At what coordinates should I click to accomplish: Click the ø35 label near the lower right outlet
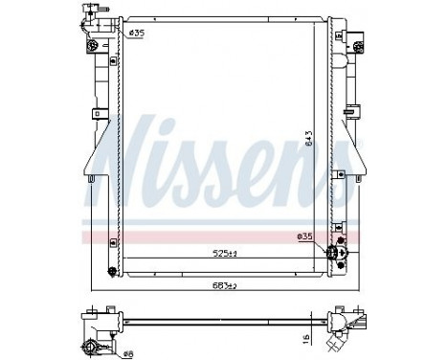[x=305, y=236]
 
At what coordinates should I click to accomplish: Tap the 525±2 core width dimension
[x=223, y=254]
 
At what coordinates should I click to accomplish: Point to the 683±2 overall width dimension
[x=223, y=286]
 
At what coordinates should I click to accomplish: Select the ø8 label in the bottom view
[x=127, y=353]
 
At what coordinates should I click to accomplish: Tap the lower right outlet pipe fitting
[x=334, y=253]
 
